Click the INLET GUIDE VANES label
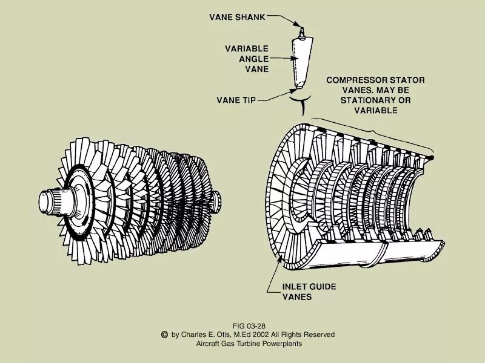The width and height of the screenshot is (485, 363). click(309, 291)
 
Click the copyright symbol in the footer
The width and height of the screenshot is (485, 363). click(164, 334)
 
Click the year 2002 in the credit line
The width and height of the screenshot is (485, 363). click(267, 335)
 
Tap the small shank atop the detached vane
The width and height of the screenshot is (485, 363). click(301, 30)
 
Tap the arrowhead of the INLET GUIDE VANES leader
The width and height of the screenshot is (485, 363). click(280, 261)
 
